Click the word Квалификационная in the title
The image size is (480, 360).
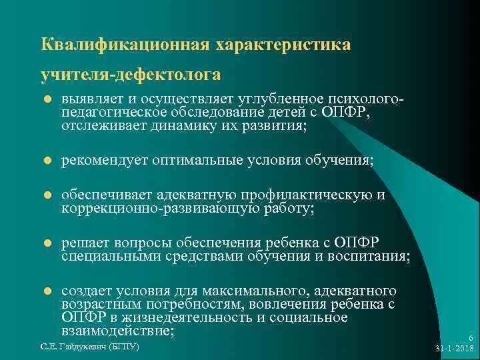(125, 45)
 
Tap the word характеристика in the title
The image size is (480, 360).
(283, 45)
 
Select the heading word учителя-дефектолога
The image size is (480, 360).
(131, 75)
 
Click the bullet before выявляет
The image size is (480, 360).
(47, 99)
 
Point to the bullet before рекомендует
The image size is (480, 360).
(47, 160)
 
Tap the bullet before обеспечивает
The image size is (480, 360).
(47, 195)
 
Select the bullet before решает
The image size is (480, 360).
(47, 243)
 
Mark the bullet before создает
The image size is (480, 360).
(47, 291)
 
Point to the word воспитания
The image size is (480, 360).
(369, 256)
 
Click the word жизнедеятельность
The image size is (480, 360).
(187, 317)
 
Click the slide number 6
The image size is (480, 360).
(471, 337)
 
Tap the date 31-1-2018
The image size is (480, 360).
(454, 348)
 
